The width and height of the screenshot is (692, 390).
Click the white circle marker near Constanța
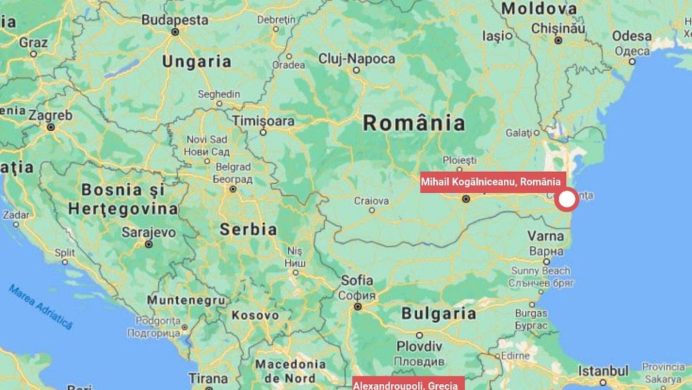click(x=567, y=200)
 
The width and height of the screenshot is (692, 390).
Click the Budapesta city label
click(x=175, y=20)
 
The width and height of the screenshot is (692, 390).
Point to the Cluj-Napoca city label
click(x=356, y=59)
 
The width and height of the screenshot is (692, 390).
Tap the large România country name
click(x=414, y=123)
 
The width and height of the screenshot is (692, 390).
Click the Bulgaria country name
click(x=439, y=314)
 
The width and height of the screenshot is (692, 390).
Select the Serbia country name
click(x=248, y=229)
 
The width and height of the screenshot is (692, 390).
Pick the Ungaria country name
click(x=197, y=61)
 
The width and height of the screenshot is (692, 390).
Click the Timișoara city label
click(x=263, y=121)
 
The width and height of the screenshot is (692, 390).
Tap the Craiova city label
click(x=372, y=201)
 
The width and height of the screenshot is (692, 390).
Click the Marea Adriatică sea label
click(x=40, y=307)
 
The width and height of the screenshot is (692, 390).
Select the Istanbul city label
click(x=603, y=371)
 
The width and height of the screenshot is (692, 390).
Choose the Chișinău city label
click(x=558, y=28)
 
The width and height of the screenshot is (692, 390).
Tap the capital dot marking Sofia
click(x=358, y=307)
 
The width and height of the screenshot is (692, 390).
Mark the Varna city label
click(x=546, y=236)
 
